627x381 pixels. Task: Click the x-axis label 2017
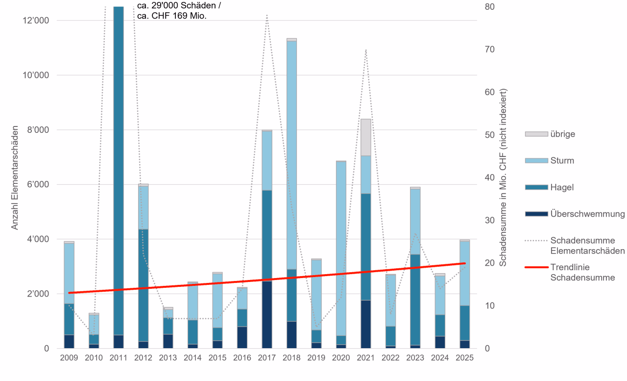[x=266, y=358]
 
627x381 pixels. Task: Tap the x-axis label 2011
[x=119, y=358]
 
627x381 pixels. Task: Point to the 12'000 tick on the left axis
[x=35, y=21]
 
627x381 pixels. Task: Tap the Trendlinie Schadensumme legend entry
[x=570, y=272]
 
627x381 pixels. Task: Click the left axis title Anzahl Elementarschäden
[x=15, y=178]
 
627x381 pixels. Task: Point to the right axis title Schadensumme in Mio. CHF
[x=503, y=178]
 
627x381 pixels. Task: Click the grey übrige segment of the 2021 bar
[x=365, y=137]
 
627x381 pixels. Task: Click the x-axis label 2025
[x=464, y=358]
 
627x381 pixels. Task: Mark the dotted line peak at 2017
[x=266, y=15]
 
